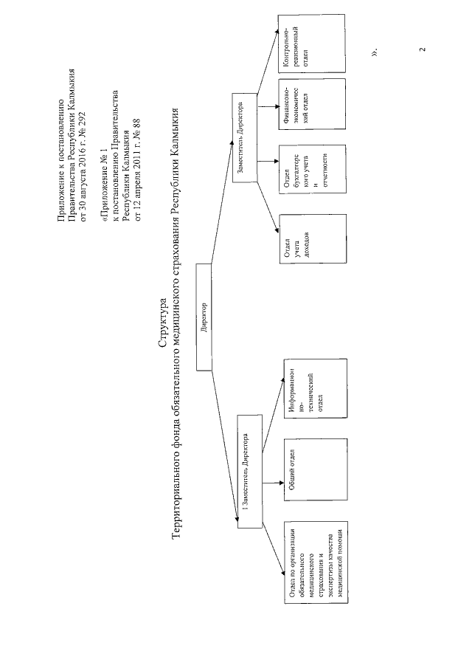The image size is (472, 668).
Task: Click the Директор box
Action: tap(206, 317)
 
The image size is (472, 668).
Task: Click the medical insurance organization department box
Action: tap(315, 562)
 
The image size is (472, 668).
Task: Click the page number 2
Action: tap(422, 50)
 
